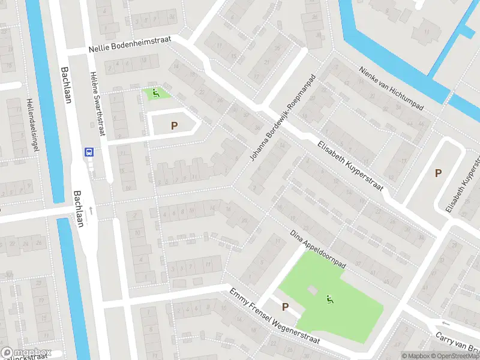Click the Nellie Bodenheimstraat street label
click(x=130, y=44)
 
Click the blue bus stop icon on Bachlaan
click(x=89, y=152)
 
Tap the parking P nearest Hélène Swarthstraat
click(x=174, y=125)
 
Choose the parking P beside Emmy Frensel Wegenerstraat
click(x=285, y=307)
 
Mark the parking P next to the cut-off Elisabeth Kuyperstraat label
click(x=438, y=173)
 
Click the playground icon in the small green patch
click(x=156, y=93)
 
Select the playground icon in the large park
click(x=329, y=298)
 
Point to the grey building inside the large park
click(x=311, y=290)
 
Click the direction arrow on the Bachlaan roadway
click(x=91, y=210)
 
